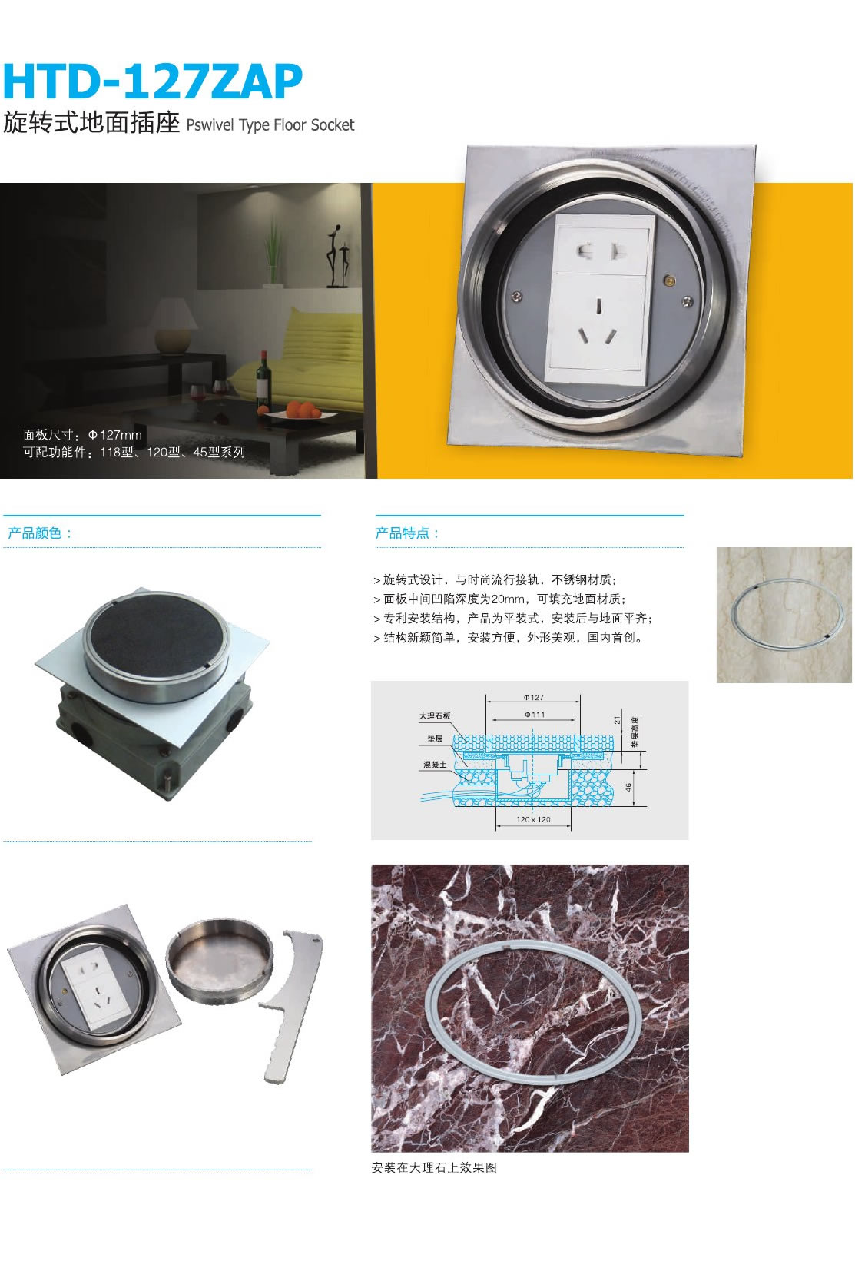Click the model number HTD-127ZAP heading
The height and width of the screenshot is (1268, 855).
[x=153, y=82]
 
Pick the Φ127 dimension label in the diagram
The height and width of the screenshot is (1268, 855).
[x=534, y=698]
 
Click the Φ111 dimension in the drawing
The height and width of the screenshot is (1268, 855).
[x=534, y=715]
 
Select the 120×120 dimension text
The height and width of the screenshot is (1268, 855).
[x=533, y=819]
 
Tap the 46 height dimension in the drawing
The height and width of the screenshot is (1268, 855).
[x=628, y=787]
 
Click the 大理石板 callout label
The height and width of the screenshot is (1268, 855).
[x=435, y=716]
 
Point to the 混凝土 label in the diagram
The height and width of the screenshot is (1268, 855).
[x=435, y=765]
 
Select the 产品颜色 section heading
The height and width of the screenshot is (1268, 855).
[x=39, y=533]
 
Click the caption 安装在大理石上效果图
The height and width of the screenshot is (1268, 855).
[x=434, y=1168]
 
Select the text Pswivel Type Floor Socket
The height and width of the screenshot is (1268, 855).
[x=270, y=125]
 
